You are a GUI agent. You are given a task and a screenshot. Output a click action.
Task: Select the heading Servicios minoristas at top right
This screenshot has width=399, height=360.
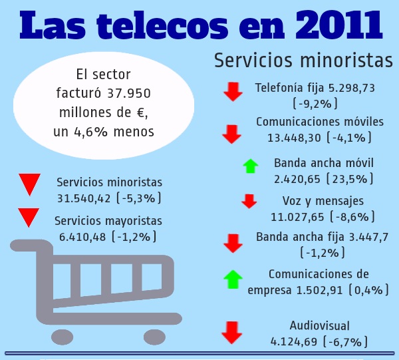pos(303,60)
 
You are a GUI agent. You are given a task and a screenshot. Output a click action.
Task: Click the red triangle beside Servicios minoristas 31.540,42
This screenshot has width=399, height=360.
pos(29,184)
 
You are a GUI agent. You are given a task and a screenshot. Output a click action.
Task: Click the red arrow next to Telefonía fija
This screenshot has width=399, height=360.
pos(233,92)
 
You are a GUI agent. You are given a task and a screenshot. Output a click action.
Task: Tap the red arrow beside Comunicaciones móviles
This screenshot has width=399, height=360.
pos(231,134)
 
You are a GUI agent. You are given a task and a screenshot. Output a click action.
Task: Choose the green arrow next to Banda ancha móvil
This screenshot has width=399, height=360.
pos(250,166)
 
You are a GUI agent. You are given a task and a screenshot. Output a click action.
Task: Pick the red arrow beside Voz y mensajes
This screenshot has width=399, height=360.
pos(249,201)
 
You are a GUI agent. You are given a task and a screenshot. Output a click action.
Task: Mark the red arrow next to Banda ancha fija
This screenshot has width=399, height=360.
pos(233,243)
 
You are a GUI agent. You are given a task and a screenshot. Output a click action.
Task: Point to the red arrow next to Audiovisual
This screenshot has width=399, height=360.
pos(231,332)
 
